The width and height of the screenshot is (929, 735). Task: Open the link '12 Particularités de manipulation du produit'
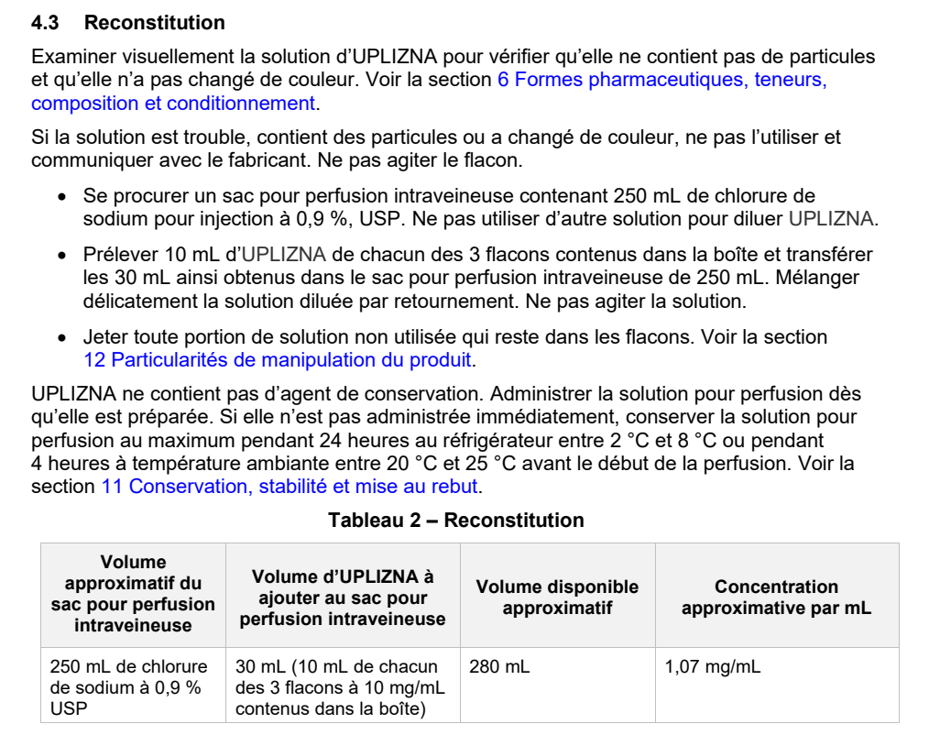[x=277, y=359]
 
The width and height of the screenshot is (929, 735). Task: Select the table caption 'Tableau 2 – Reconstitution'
[x=456, y=521]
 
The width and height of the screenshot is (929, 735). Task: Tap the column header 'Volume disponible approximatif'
[x=557, y=597]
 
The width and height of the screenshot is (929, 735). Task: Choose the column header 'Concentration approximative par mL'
[x=776, y=597]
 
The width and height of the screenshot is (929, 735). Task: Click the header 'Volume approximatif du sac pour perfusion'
[x=133, y=594]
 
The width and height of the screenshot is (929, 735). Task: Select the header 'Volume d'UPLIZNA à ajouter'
[x=342, y=597]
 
